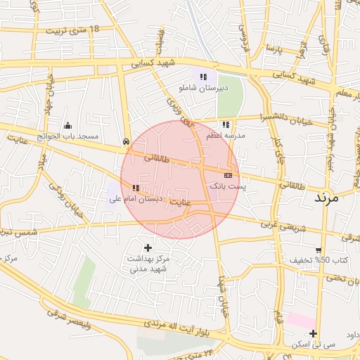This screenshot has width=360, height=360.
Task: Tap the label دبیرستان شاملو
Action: (x=204, y=88)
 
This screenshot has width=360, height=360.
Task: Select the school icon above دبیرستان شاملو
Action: (x=203, y=76)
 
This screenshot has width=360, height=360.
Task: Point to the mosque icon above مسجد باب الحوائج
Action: (x=68, y=124)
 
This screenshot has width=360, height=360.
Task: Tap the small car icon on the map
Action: (x=126, y=141)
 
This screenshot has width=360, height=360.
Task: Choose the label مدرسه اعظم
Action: (x=226, y=134)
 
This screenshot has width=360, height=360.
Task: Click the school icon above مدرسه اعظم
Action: (x=225, y=124)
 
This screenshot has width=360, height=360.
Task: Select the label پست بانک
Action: (x=229, y=186)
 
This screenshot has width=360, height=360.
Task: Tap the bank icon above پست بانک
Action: (x=228, y=174)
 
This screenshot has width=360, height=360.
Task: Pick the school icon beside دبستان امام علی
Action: (x=135, y=188)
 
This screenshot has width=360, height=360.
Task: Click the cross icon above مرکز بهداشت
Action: (x=148, y=247)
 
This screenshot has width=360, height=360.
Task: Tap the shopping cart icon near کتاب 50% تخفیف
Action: (x=319, y=250)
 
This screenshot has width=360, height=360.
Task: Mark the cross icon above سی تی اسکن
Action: (x=313, y=333)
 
